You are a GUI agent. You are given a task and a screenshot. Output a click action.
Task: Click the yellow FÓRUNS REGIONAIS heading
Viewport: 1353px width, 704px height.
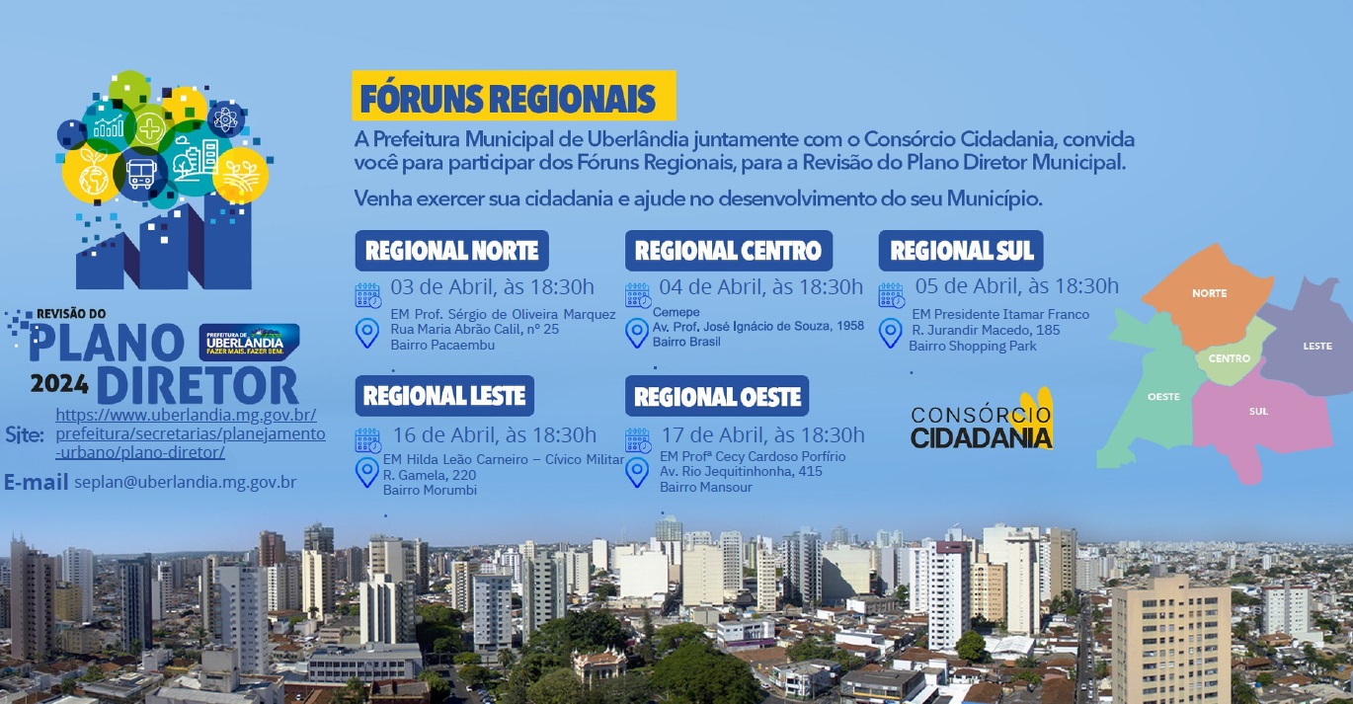click(x=514, y=96)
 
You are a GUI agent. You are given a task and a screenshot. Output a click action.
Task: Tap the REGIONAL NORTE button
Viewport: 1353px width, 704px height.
click(x=451, y=251)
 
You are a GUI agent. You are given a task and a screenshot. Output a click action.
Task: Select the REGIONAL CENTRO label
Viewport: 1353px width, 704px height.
click(x=729, y=251)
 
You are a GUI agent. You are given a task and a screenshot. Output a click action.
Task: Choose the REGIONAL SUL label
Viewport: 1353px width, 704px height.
click(x=961, y=251)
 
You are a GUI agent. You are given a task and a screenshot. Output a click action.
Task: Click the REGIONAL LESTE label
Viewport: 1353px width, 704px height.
click(x=444, y=396)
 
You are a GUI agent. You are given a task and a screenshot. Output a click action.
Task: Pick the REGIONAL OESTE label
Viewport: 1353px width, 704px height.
click(x=717, y=396)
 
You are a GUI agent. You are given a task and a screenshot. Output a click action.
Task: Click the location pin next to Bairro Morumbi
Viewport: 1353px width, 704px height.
click(x=366, y=472)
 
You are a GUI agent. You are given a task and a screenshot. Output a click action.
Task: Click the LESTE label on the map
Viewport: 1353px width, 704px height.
click(x=1317, y=346)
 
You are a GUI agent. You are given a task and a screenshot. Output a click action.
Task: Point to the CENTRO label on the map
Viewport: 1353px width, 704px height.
click(x=1230, y=358)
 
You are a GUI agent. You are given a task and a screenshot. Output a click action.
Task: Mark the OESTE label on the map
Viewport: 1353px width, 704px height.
click(x=1163, y=397)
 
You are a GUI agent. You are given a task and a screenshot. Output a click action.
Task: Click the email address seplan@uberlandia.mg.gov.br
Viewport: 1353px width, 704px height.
click(x=186, y=483)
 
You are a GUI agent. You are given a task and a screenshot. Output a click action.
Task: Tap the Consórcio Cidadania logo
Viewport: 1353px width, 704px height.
click(x=982, y=421)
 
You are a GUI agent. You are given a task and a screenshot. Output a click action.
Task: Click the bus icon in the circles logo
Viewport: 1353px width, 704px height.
click(x=141, y=174)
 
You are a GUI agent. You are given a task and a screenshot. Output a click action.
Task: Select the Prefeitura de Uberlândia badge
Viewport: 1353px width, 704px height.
click(x=250, y=342)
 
